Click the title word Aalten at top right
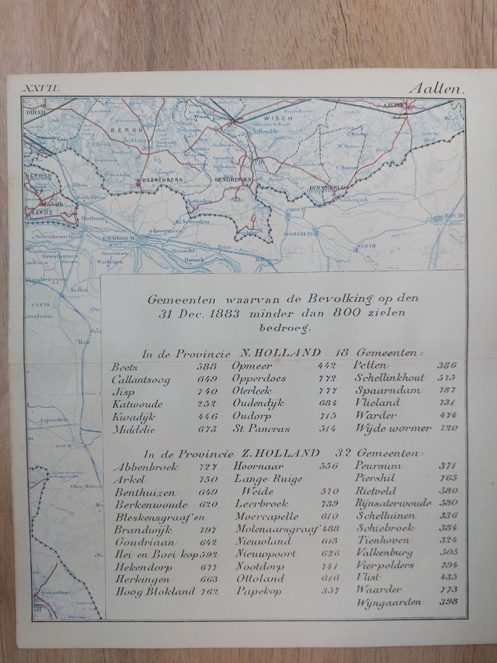click(437, 89)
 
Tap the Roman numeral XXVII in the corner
click(41, 89)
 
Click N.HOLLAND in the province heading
click(280, 353)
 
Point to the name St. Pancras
click(261, 429)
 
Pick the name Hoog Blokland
click(155, 591)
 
